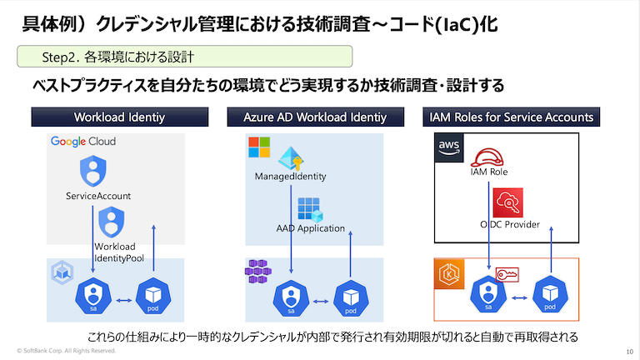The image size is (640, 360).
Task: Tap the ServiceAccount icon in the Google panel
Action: [92, 172]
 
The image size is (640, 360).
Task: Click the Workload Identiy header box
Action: [119, 117]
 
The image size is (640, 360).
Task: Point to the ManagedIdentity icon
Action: [291, 158]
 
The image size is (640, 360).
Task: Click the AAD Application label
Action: [310, 227]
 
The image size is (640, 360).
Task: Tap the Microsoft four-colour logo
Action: [259, 147]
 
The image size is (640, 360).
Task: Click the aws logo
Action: [448, 147]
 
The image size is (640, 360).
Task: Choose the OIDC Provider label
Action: [509, 224]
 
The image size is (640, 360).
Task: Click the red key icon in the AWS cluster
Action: [507, 274]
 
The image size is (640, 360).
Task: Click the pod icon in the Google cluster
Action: [152, 297]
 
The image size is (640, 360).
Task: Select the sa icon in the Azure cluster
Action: [290, 297]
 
